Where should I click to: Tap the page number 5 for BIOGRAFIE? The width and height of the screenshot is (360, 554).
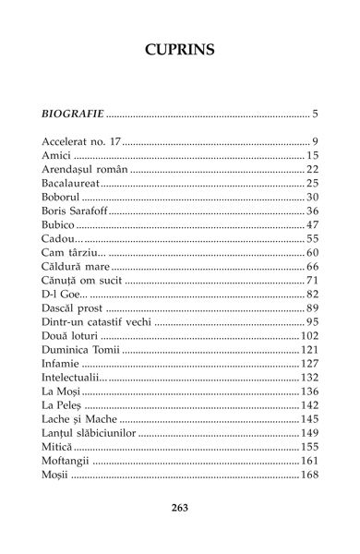pos(315,114)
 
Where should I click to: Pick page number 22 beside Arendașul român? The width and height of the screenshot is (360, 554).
pos(311,170)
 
